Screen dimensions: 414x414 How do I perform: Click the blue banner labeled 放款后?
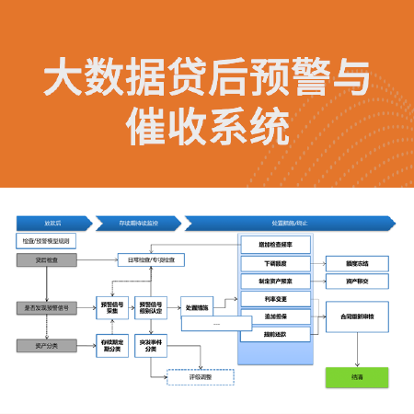pyautogui.click(x=52, y=224)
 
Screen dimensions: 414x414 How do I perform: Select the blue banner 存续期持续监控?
pyautogui.click(x=138, y=224)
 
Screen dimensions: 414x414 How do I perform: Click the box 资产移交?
pyautogui.click(x=357, y=282)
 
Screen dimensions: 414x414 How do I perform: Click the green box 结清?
pyautogui.click(x=357, y=375)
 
